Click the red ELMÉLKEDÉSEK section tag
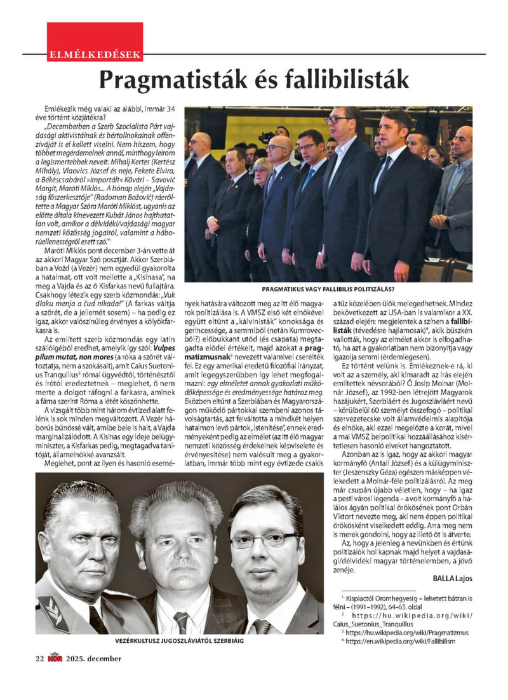(95, 55)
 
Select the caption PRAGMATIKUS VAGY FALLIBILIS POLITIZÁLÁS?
(330, 288)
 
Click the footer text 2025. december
(93, 658)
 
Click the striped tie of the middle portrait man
(182, 620)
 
